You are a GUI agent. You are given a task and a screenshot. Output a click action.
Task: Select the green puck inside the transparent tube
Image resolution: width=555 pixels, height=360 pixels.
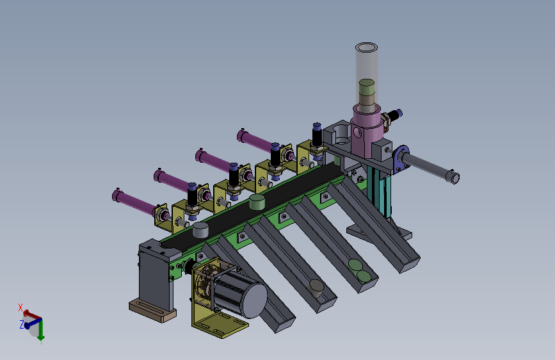(x=366, y=87)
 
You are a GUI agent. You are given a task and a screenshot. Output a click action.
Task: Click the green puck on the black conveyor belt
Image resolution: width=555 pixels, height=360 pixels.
(x=257, y=202)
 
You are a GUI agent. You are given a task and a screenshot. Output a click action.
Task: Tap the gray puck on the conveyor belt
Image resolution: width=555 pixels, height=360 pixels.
(x=200, y=231)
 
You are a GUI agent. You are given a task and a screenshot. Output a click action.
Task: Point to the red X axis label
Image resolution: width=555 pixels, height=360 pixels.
(x=20, y=307)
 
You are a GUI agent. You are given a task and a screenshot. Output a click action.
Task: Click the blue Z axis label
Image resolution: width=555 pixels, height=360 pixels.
(x=22, y=324)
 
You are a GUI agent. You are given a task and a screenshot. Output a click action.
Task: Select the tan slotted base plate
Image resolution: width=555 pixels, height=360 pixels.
(x=152, y=311)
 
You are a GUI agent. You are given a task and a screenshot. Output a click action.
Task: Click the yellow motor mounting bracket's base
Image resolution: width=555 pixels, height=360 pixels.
(x=220, y=327)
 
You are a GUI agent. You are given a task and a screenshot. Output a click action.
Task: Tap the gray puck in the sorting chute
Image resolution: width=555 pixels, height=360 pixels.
(x=316, y=287)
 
